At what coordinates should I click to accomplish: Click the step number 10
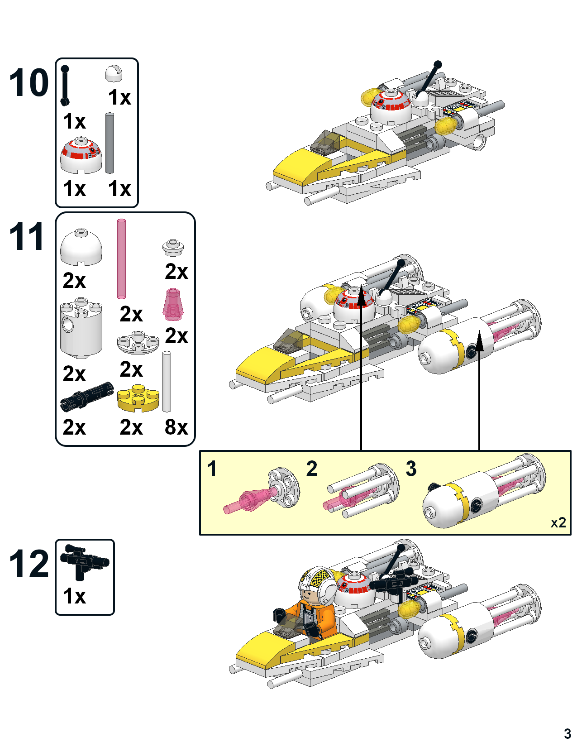coord(29,83)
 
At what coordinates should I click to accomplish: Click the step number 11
coord(27,237)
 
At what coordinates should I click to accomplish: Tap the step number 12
coord(29,564)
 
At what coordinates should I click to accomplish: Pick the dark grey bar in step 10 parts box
coord(110,143)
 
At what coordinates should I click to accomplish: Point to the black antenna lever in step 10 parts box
coord(65,86)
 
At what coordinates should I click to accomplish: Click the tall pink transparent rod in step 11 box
coord(121,259)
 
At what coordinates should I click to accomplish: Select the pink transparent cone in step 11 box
coord(173,304)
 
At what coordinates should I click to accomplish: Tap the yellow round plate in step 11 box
coord(138,398)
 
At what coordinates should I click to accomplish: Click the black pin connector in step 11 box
coord(86,396)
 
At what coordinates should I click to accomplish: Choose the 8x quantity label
coord(176,427)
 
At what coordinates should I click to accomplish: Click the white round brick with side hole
coord(81,327)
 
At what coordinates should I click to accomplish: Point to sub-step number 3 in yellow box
coord(411,469)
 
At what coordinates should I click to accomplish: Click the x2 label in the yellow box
coord(558,523)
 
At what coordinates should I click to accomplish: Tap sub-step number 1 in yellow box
coord(211,469)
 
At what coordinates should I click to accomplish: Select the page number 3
coord(567,733)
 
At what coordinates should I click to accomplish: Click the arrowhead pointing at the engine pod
coord(479,340)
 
